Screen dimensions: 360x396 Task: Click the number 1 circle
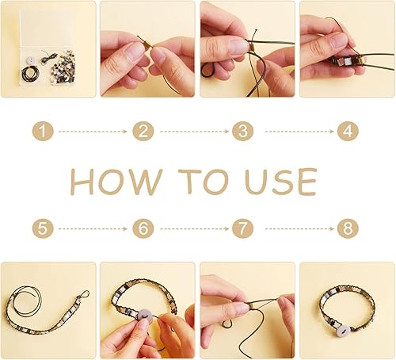pyautogui.click(x=44, y=131)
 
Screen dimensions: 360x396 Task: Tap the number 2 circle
pyautogui.click(x=143, y=131)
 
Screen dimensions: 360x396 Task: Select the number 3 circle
pyautogui.click(x=242, y=131)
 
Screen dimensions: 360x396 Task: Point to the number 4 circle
pyautogui.click(x=348, y=131)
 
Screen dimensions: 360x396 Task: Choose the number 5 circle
pyautogui.click(x=44, y=229)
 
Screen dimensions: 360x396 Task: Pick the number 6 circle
pyautogui.click(x=143, y=229)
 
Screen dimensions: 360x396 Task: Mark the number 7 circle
pyautogui.click(x=242, y=229)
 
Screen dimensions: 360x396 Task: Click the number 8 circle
pyautogui.click(x=348, y=229)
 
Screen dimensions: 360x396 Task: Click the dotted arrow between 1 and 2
pyautogui.click(x=93, y=131)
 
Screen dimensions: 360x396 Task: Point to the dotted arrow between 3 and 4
pyautogui.click(x=295, y=131)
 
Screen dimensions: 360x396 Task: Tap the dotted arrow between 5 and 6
pyautogui.click(x=93, y=229)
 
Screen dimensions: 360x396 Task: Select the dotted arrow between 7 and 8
pyautogui.click(x=295, y=229)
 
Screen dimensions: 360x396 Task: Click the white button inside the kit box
pyautogui.click(x=29, y=62)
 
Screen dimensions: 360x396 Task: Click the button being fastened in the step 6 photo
pyautogui.click(x=145, y=316)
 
